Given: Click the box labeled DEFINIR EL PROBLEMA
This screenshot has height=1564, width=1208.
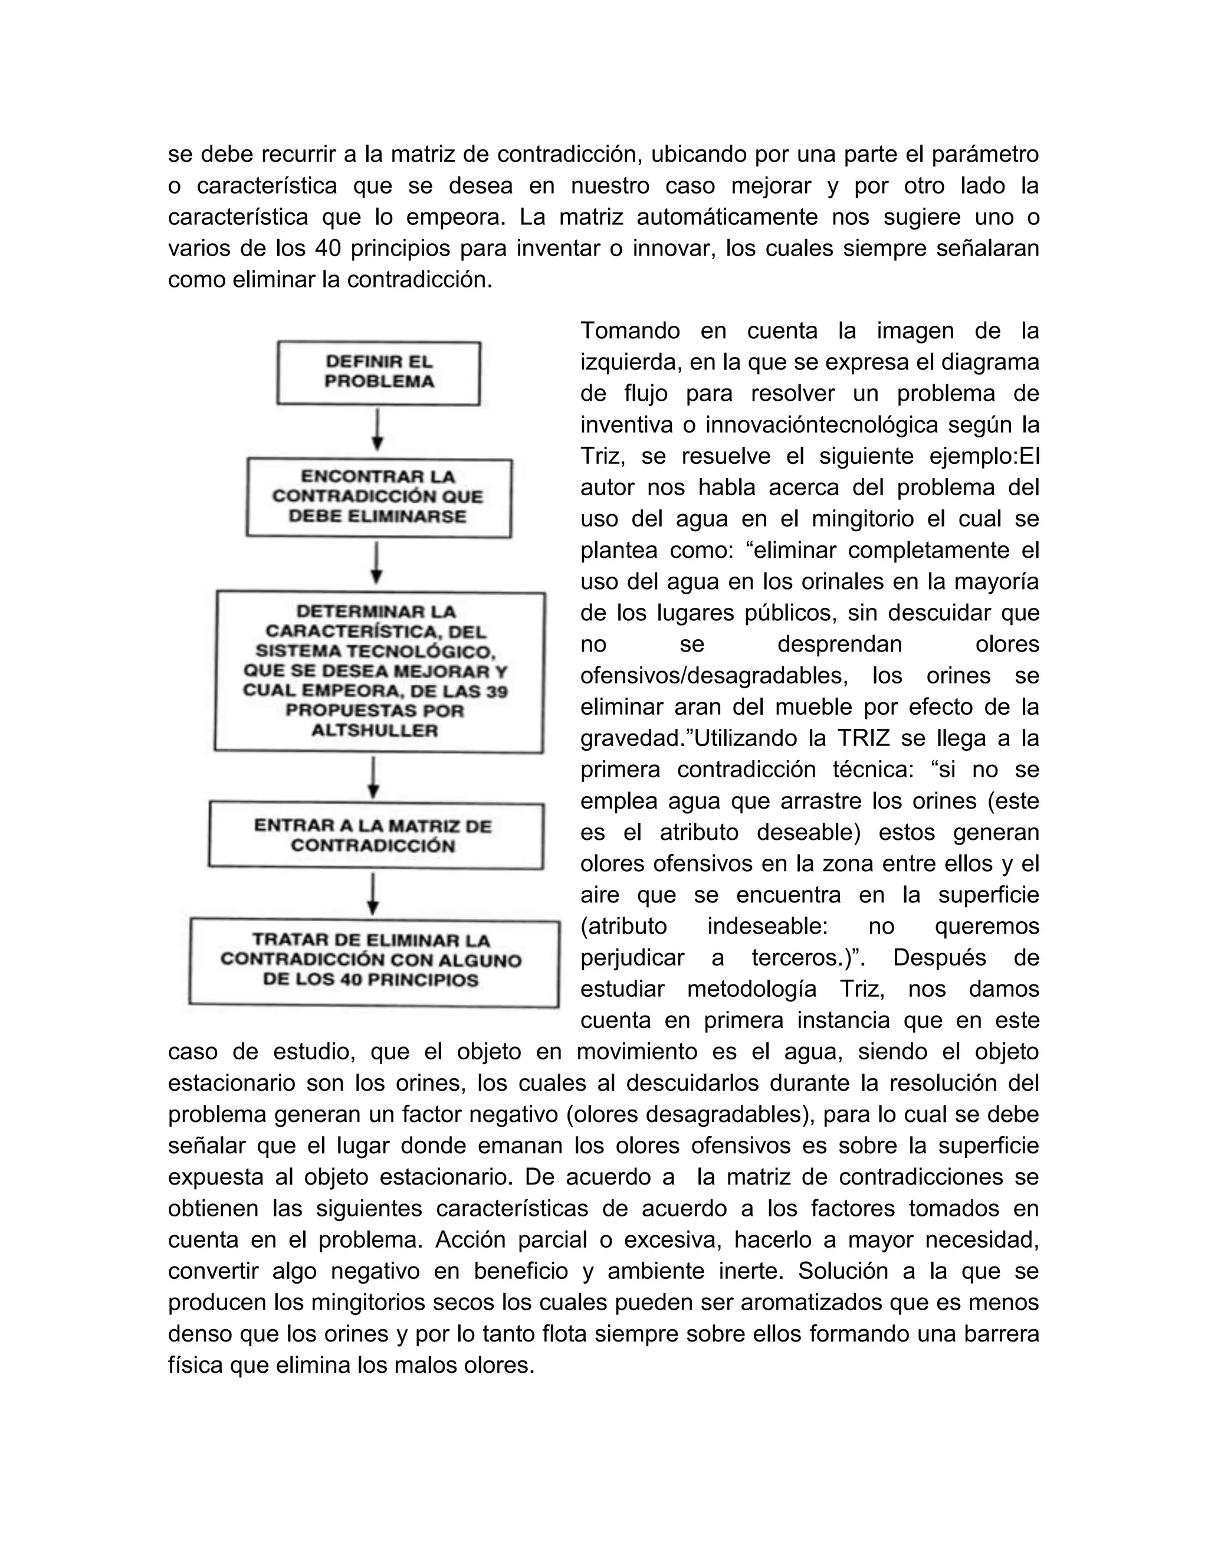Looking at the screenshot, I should click(379, 372).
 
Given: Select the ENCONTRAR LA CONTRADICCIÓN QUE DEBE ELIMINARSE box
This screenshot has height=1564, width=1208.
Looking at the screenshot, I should click(379, 497).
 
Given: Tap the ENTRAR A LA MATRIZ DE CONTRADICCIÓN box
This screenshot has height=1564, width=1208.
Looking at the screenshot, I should click(375, 836).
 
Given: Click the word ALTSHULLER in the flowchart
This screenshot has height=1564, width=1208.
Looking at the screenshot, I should click(375, 731).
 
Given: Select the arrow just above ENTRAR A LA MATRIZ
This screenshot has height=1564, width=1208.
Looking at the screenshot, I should click(373, 778).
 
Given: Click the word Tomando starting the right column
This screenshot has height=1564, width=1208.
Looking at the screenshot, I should click(630, 331).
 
